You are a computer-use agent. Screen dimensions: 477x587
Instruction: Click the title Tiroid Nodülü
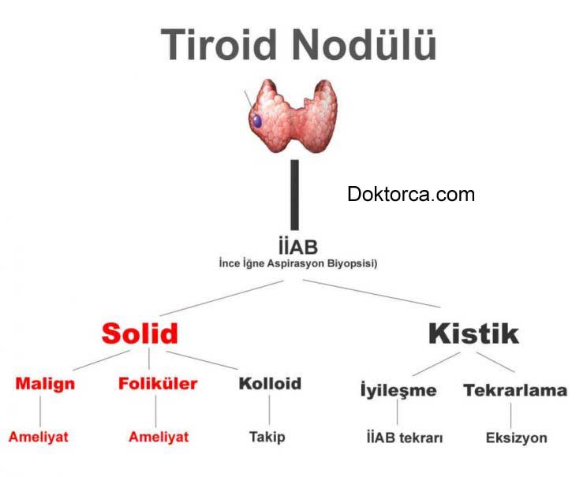pos(298,44)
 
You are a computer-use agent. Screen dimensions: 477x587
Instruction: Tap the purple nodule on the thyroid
pos(257,121)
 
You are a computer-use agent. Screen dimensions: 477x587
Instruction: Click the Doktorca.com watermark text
pos(411,194)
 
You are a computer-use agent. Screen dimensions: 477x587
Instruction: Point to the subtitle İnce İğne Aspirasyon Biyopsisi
pos(297,264)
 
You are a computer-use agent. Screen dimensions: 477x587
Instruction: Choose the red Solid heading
pos(140,334)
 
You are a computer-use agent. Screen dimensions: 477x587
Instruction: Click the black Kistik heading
pos(473,334)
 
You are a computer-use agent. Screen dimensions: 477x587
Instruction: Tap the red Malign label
pos(45,384)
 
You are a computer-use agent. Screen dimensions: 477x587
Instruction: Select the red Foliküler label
pos(158,384)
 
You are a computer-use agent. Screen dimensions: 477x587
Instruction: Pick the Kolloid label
pos(269,384)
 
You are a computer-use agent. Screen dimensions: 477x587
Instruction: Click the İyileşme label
pos(398,390)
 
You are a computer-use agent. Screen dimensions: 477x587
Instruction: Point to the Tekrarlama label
pos(515,390)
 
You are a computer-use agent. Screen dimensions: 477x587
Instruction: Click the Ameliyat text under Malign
pos(39,436)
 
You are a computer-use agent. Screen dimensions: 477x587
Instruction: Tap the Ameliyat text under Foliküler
pos(159,436)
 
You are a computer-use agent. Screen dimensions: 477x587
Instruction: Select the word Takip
pos(267,436)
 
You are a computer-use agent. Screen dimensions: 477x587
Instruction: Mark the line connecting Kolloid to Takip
pos(269,410)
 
